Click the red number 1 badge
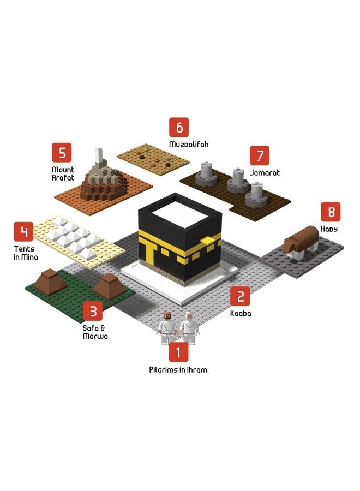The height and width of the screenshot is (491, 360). (x=178, y=352)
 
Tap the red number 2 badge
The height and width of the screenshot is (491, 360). (x=240, y=296)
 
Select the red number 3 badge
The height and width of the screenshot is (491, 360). (x=93, y=312)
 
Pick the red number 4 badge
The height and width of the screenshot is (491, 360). (x=23, y=232)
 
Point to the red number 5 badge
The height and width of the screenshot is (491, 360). (x=62, y=153)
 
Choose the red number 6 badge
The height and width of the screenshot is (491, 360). (x=179, y=127)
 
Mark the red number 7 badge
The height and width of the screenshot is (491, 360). (x=260, y=155)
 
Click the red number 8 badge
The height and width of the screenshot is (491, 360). (x=331, y=212)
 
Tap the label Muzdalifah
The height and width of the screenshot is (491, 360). (x=189, y=145)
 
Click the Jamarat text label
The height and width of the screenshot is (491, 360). (x=265, y=172)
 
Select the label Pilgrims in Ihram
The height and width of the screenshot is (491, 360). (x=178, y=370)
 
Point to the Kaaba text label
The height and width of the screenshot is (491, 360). (x=241, y=313)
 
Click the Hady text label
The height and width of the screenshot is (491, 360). (x=329, y=229)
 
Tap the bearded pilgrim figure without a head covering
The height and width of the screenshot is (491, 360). (x=167, y=328)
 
